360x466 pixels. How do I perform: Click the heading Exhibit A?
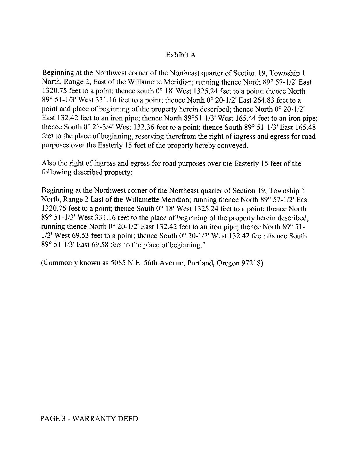point(180,55)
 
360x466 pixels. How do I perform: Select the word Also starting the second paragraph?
point(49,163)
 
